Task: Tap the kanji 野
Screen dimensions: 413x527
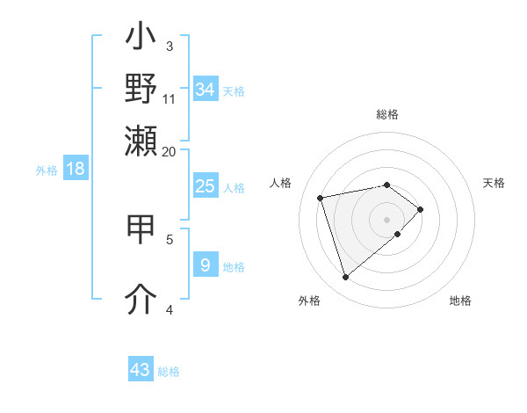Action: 141,88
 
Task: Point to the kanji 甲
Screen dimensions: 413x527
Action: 141,228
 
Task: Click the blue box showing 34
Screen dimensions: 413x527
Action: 206,89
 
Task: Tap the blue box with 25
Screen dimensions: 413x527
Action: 206,186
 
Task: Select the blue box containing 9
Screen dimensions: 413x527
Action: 206,264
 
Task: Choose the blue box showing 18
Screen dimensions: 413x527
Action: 76,169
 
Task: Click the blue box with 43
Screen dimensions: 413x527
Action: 141,370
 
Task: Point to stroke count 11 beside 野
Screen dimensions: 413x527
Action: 170,98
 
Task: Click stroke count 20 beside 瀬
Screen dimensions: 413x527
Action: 170,151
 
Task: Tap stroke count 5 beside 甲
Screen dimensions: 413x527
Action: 170,238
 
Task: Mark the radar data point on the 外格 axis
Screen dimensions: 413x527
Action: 346,277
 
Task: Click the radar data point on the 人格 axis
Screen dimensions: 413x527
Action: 321,197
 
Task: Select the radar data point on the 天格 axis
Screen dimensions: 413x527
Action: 421,209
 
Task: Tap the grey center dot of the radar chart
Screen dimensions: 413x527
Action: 386,219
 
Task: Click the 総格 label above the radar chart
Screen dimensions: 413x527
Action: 386,114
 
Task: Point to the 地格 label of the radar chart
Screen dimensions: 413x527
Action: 460,301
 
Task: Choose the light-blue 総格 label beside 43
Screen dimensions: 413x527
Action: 169,372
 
